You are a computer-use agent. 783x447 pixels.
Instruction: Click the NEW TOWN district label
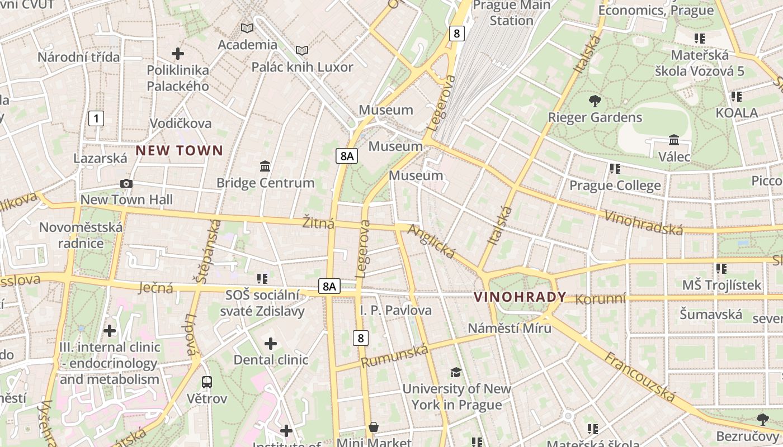point(179,150)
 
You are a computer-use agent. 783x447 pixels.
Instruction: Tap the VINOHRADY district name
point(520,297)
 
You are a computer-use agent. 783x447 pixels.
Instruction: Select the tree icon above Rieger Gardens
point(595,101)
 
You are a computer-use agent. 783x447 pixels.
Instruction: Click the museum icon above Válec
point(674,140)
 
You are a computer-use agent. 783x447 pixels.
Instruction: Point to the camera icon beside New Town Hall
point(126,183)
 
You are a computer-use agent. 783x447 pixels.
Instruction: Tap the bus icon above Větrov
point(207,382)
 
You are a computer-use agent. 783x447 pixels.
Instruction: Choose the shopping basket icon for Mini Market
point(374,427)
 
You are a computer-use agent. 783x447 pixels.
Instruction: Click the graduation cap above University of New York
point(456,372)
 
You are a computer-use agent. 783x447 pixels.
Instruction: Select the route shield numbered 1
point(97,118)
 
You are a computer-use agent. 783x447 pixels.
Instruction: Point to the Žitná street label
point(318,223)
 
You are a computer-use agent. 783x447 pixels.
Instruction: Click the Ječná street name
point(155,288)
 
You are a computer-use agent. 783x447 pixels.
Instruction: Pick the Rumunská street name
point(394,356)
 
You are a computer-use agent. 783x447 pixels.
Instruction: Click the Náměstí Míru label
point(510,328)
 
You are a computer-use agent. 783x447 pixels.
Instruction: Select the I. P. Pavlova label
point(395,310)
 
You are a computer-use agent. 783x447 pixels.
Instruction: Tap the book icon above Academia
point(247,28)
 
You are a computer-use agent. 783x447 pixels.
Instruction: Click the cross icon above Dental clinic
point(271,343)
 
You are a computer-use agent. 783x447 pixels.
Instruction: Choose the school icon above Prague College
point(615,168)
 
